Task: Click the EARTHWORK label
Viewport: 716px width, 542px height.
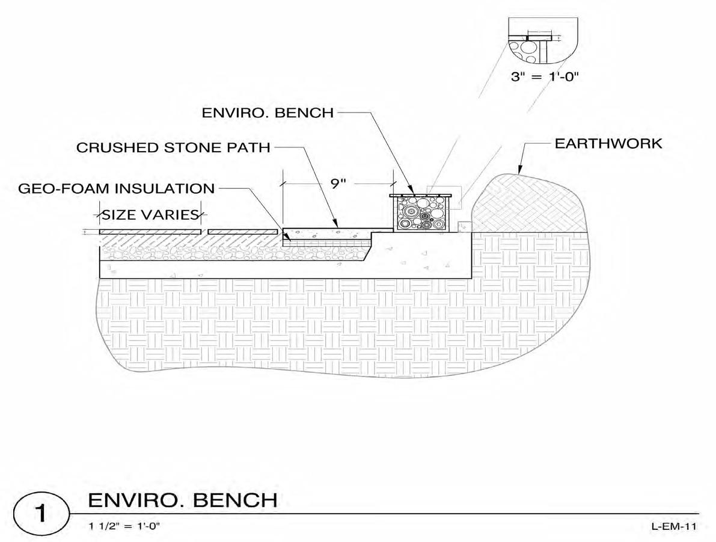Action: click(608, 144)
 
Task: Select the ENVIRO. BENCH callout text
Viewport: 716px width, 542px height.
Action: click(268, 112)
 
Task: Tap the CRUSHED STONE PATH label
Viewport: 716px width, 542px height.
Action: click(173, 147)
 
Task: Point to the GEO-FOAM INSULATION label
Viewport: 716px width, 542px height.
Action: click(117, 188)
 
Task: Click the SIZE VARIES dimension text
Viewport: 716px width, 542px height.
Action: click(150, 215)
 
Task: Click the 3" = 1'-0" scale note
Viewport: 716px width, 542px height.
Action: click(544, 78)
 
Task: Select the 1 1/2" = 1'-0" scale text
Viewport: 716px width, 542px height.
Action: click(124, 526)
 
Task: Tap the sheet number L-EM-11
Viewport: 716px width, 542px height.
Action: click(673, 526)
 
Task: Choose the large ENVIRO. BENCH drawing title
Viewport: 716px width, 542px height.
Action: click(183, 500)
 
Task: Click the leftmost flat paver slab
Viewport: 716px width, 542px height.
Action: click(150, 232)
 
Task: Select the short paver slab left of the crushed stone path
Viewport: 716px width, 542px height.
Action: click(242, 232)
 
